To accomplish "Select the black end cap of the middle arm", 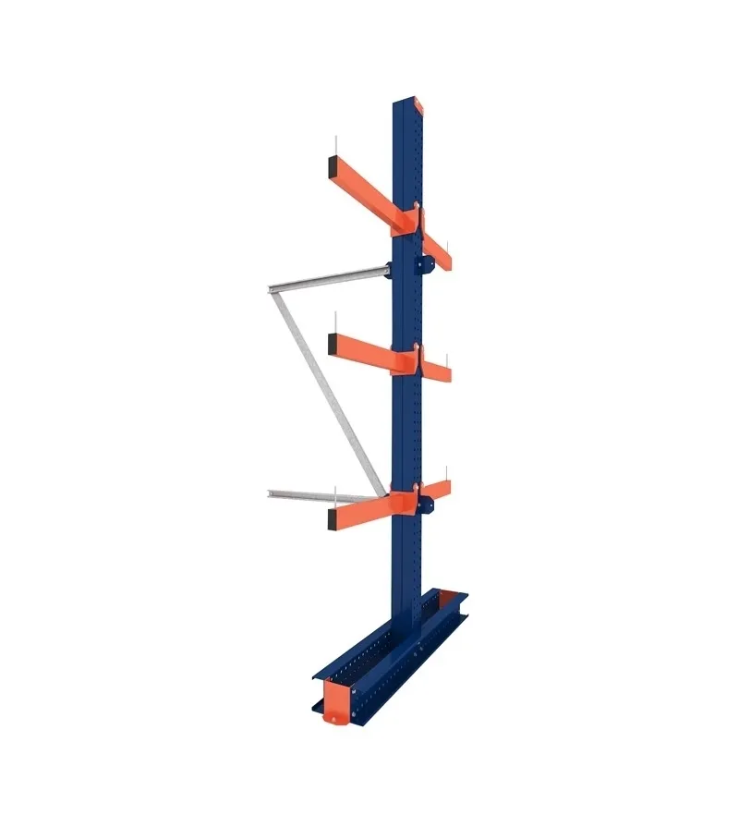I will point(331,346).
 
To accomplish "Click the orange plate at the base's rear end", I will point(455,592).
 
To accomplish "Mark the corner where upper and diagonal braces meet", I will point(270,290).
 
